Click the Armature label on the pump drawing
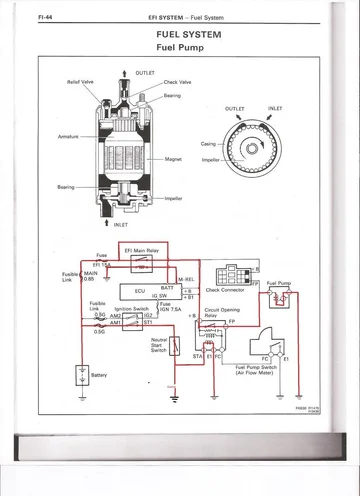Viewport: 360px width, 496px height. (x=69, y=136)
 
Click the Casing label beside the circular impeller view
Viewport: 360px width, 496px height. (x=208, y=143)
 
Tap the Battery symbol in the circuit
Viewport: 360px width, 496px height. (x=79, y=375)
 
